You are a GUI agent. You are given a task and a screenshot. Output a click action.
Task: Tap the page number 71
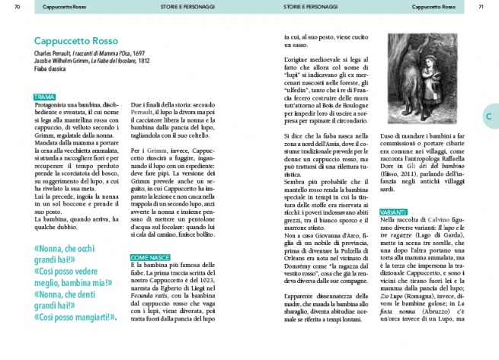pos(480,8)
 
